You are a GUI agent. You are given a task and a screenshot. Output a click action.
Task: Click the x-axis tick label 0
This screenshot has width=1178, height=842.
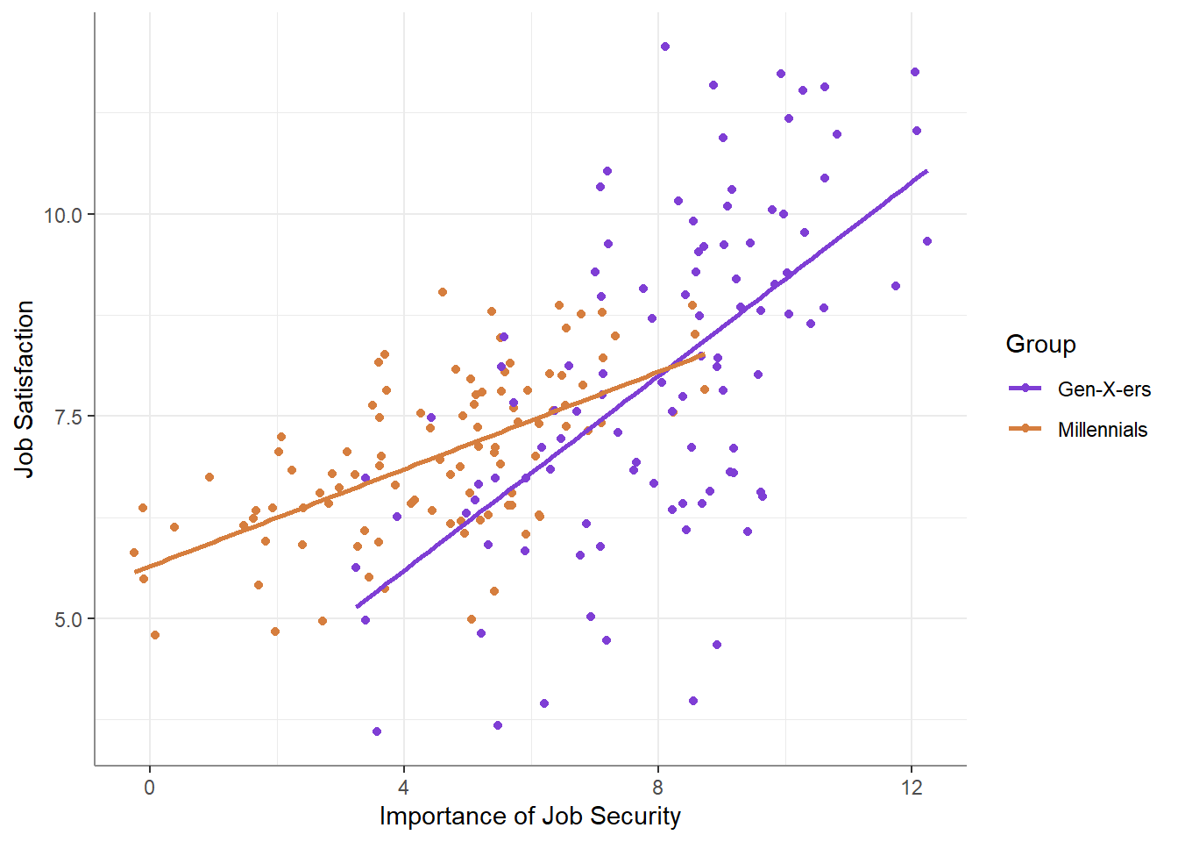click(x=149, y=788)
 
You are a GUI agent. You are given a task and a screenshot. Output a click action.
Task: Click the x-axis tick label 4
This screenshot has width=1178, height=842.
click(x=404, y=788)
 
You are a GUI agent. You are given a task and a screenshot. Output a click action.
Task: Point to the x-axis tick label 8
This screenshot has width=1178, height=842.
click(x=658, y=788)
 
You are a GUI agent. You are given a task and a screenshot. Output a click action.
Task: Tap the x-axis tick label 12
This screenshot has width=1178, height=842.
click(x=912, y=788)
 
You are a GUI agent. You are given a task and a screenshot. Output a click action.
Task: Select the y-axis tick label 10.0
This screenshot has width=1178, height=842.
click(x=63, y=215)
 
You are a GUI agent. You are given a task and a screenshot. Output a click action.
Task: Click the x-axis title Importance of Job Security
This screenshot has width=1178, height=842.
click(x=529, y=817)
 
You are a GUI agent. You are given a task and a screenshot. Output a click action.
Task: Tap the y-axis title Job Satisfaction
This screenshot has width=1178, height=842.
click(x=25, y=389)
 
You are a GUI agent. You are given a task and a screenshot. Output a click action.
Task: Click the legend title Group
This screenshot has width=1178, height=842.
click(x=1040, y=344)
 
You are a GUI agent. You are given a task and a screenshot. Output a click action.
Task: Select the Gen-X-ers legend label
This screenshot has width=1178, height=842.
click(x=1103, y=389)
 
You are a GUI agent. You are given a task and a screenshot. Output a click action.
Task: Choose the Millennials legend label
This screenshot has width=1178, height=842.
click(x=1102, y=430)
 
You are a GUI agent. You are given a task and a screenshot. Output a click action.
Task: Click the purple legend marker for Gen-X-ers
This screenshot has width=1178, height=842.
click(x=1025, y=389)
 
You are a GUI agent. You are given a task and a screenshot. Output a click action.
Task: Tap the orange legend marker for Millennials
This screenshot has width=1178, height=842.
click(x=1025, y=429)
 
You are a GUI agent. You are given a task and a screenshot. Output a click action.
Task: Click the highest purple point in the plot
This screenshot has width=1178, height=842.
click(x=665, y=46)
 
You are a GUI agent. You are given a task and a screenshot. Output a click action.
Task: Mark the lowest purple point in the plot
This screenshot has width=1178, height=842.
click(x=377, y=731)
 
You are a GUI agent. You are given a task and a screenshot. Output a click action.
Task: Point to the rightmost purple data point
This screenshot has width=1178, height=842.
click(x=927, y=241)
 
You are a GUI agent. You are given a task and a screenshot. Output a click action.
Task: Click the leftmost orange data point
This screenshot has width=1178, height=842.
click(x=134, y=553)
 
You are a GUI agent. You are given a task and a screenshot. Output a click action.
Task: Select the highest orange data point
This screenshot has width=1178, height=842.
click(x=443, y=292)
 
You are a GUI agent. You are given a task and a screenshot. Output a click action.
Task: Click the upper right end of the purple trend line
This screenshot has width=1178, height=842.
click(x=926, y=171)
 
